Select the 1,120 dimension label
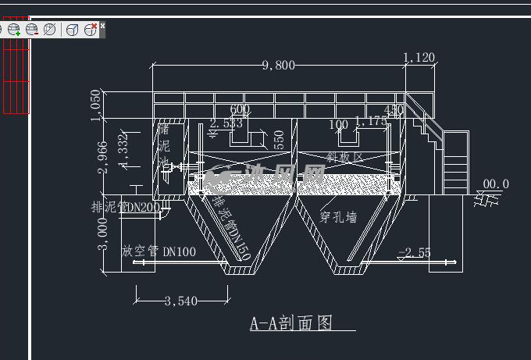pos(419,57)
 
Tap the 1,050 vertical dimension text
pos(96,106)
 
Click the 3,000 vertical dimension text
pos(102,233)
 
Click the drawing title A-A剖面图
pos(290,323)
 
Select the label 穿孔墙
pos(339,216)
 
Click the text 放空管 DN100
pos(159,251)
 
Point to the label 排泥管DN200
pos(125,207)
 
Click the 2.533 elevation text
pos(226,123)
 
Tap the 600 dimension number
pos(240,109)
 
